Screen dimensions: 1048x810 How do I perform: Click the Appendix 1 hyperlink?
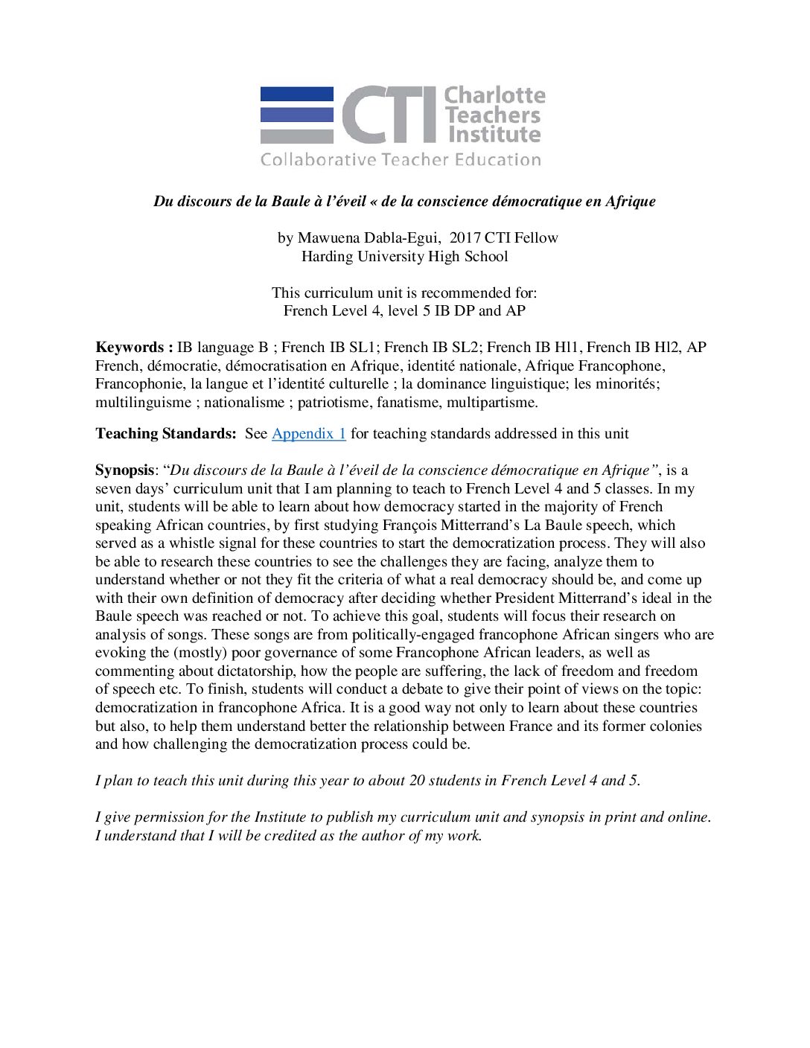(308, 434)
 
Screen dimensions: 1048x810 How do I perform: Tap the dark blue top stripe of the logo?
(296, 95)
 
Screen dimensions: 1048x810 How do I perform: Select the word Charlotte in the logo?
(495, 95)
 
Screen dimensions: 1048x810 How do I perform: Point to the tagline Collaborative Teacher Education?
(401, 160)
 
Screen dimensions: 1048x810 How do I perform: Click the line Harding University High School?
(404, 257)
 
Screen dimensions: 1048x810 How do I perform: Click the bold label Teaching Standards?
(165, 434)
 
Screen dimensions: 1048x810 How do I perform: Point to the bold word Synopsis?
(124, 470)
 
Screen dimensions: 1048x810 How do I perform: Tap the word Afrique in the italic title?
(630, 202)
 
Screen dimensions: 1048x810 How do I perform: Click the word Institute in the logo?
(494, 135)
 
